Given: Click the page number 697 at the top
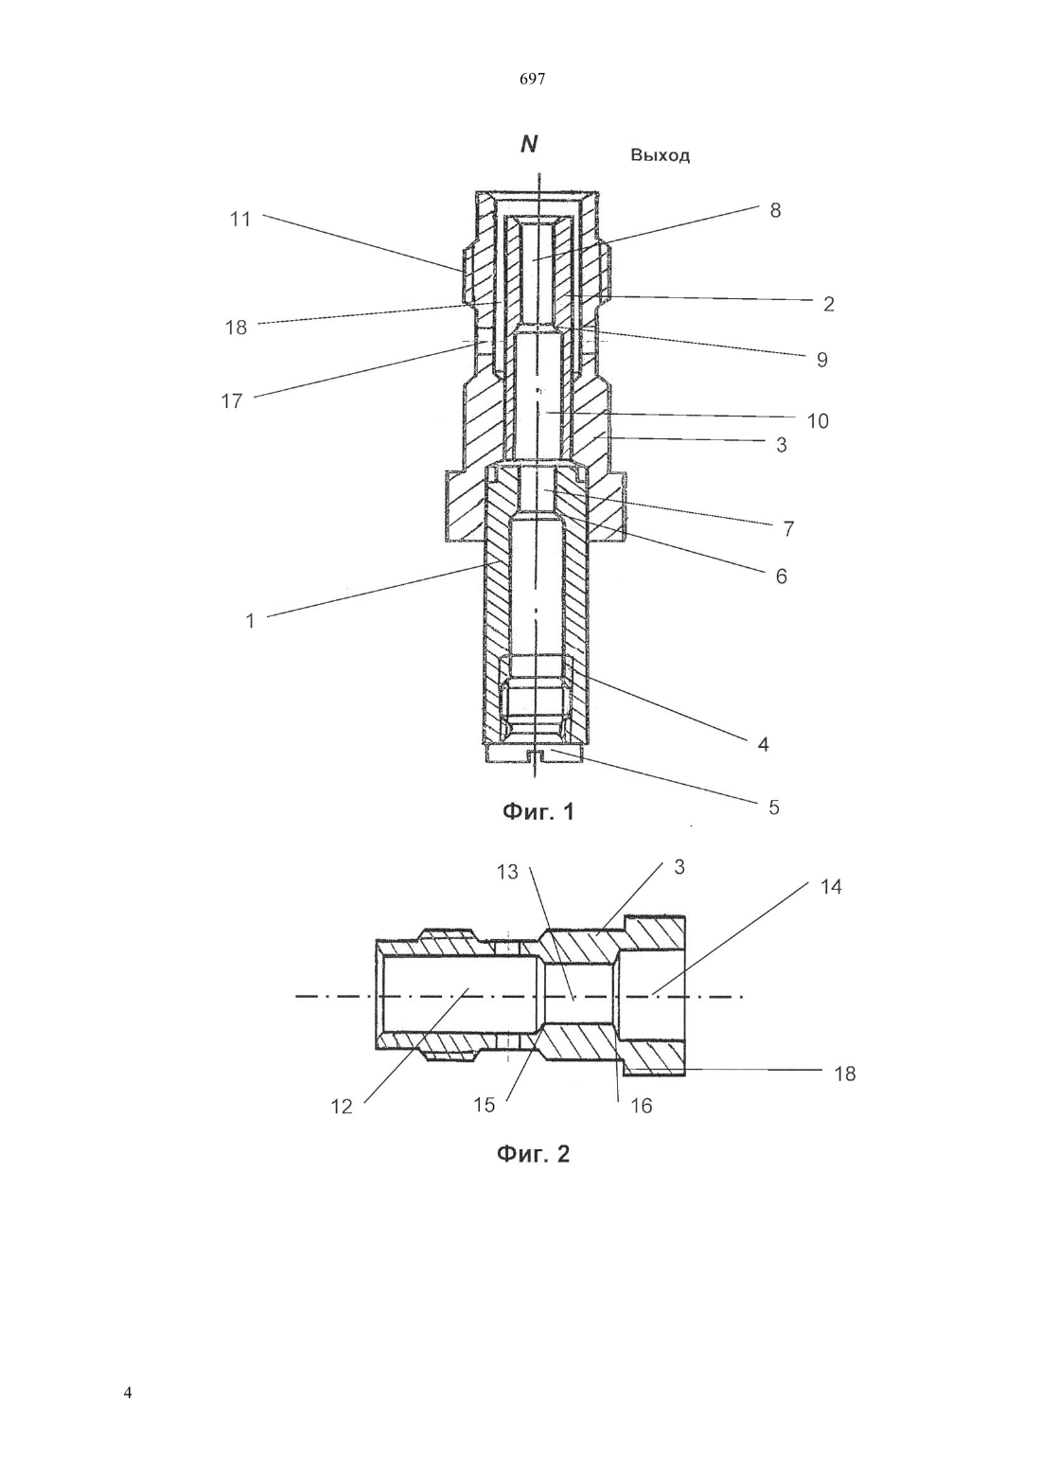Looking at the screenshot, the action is click(x=532, y=80).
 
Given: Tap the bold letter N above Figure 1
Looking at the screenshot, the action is click(x=529, y=145).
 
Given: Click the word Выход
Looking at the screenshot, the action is click(x=660, y=156).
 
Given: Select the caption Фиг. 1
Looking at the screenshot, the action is click(x=538, y=812).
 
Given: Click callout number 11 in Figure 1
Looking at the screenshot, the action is click(x=240, y=219).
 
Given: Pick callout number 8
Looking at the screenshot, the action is click(x=775, y=210).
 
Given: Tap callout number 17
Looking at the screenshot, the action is click(x=231, y=400).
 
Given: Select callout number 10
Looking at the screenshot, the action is click(x=818, y=421).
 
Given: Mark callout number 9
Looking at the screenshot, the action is click(x=821, y=360).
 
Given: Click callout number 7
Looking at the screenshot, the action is click(x=788, y=528).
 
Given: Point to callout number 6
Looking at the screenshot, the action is click(x=781, y=577).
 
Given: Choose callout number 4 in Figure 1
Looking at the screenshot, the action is click(x=763, y=744).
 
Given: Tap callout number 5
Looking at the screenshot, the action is click(x=773, y=807).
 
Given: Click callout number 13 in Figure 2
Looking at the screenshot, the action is click(x=507, y=872).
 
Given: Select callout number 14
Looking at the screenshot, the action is click(x=831, y=887).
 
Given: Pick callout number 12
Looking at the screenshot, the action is click(x=342, y=1107).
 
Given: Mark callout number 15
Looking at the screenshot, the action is click(x=484, y=1106).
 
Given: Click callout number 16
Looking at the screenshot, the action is click(x=642, y=1107).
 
